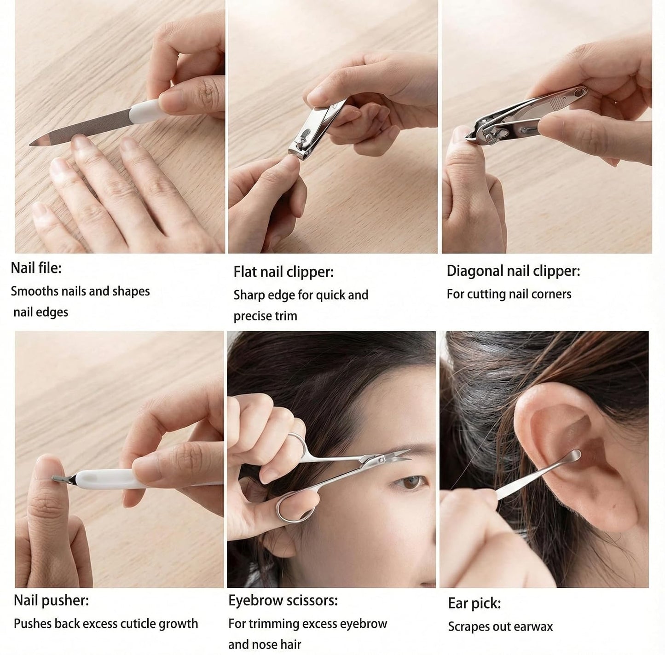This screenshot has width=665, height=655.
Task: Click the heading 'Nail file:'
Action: click(x=36, y=268)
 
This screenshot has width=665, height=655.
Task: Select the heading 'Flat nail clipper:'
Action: click(x=283, y=272)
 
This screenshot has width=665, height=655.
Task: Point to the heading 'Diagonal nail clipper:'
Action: click(x=513, y=271)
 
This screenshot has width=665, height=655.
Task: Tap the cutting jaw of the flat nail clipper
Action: click(x=297, y=154)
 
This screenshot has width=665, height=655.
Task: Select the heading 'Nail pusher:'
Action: click(x=51, y=600)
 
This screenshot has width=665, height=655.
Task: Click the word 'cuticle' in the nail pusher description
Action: click(x=135, y=624)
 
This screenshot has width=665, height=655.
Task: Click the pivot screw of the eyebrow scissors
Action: click(x=382, y=459)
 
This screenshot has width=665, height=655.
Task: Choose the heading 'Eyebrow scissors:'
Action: click(x=283, y=600)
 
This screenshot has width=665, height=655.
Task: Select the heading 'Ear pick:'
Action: click(x=474, y=603)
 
